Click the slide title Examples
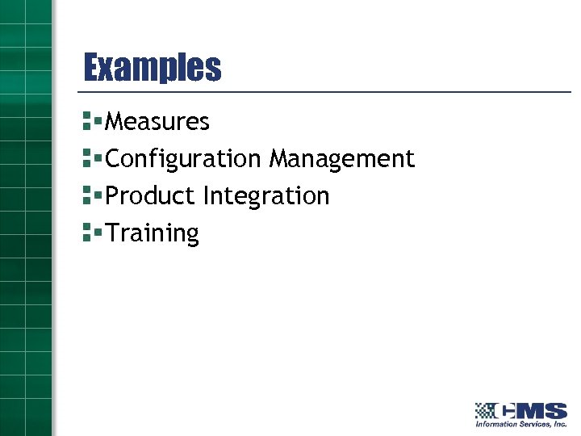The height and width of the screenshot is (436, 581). coord(153,68)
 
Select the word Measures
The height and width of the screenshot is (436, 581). coord(157,122)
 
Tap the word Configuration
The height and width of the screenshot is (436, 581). coord(183,159)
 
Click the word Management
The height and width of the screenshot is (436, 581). coord(341,159)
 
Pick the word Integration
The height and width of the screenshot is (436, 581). coord(266,196)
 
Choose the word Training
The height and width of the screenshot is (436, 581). coord(153,233)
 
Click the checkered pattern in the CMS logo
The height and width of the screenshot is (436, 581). coord(485,410)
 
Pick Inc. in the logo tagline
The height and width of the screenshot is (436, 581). coord(559,424)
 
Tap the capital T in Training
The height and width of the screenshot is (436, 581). coord(112,233)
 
